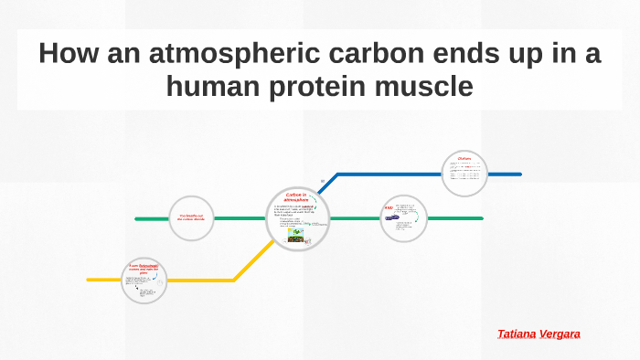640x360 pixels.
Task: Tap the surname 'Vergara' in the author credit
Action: pyautogui.click(x=560, y=334)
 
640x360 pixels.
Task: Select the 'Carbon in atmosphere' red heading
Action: pyautogui.click(x=297, y=197)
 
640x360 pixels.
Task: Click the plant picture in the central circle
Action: pyautogui.click(x=296, y=235)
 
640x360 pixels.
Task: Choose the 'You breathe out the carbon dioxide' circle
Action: pyautogui.click(x=191, y=218)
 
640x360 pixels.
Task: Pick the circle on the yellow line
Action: pyautogui.click(x=144, y=280)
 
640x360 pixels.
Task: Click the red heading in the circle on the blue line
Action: pyautogui.click(x=464, y=158)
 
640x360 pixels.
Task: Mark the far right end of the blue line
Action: pyautogui.click(x=519, y=174)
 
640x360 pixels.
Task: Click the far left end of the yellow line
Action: pyautogui.click(x=89, y=280)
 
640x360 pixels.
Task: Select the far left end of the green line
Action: pyautogui.click(x=137, y=219)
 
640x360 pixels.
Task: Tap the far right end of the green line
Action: pyautogui.click(x=482, y=218)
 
